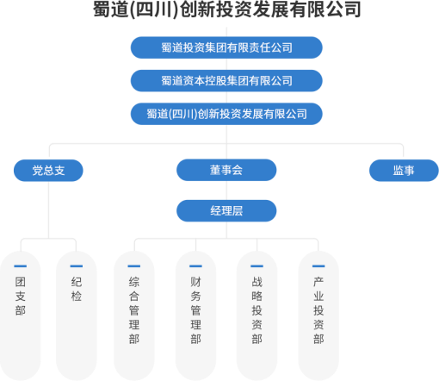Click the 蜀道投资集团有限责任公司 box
coord(226,47)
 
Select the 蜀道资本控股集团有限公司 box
coord(226,81)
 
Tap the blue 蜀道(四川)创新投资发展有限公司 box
coord(226,114)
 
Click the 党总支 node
coord(48,171)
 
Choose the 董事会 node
coord(226,170)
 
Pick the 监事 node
coord(404,171)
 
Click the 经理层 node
coord(226,211)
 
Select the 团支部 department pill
coord(21,315)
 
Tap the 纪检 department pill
coord(77,315)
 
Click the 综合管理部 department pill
coord(134,315)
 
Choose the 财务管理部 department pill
coord(195,315)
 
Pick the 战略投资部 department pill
coord(257,315)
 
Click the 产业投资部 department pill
coord(318,315)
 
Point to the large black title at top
coord(226,9)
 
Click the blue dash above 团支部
coord(21,266)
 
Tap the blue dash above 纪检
coord(77,266)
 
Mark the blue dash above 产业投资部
coord(318,266)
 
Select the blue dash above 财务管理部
coord(195,266)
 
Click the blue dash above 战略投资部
coord(257,266)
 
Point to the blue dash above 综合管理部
coord(134,266)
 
